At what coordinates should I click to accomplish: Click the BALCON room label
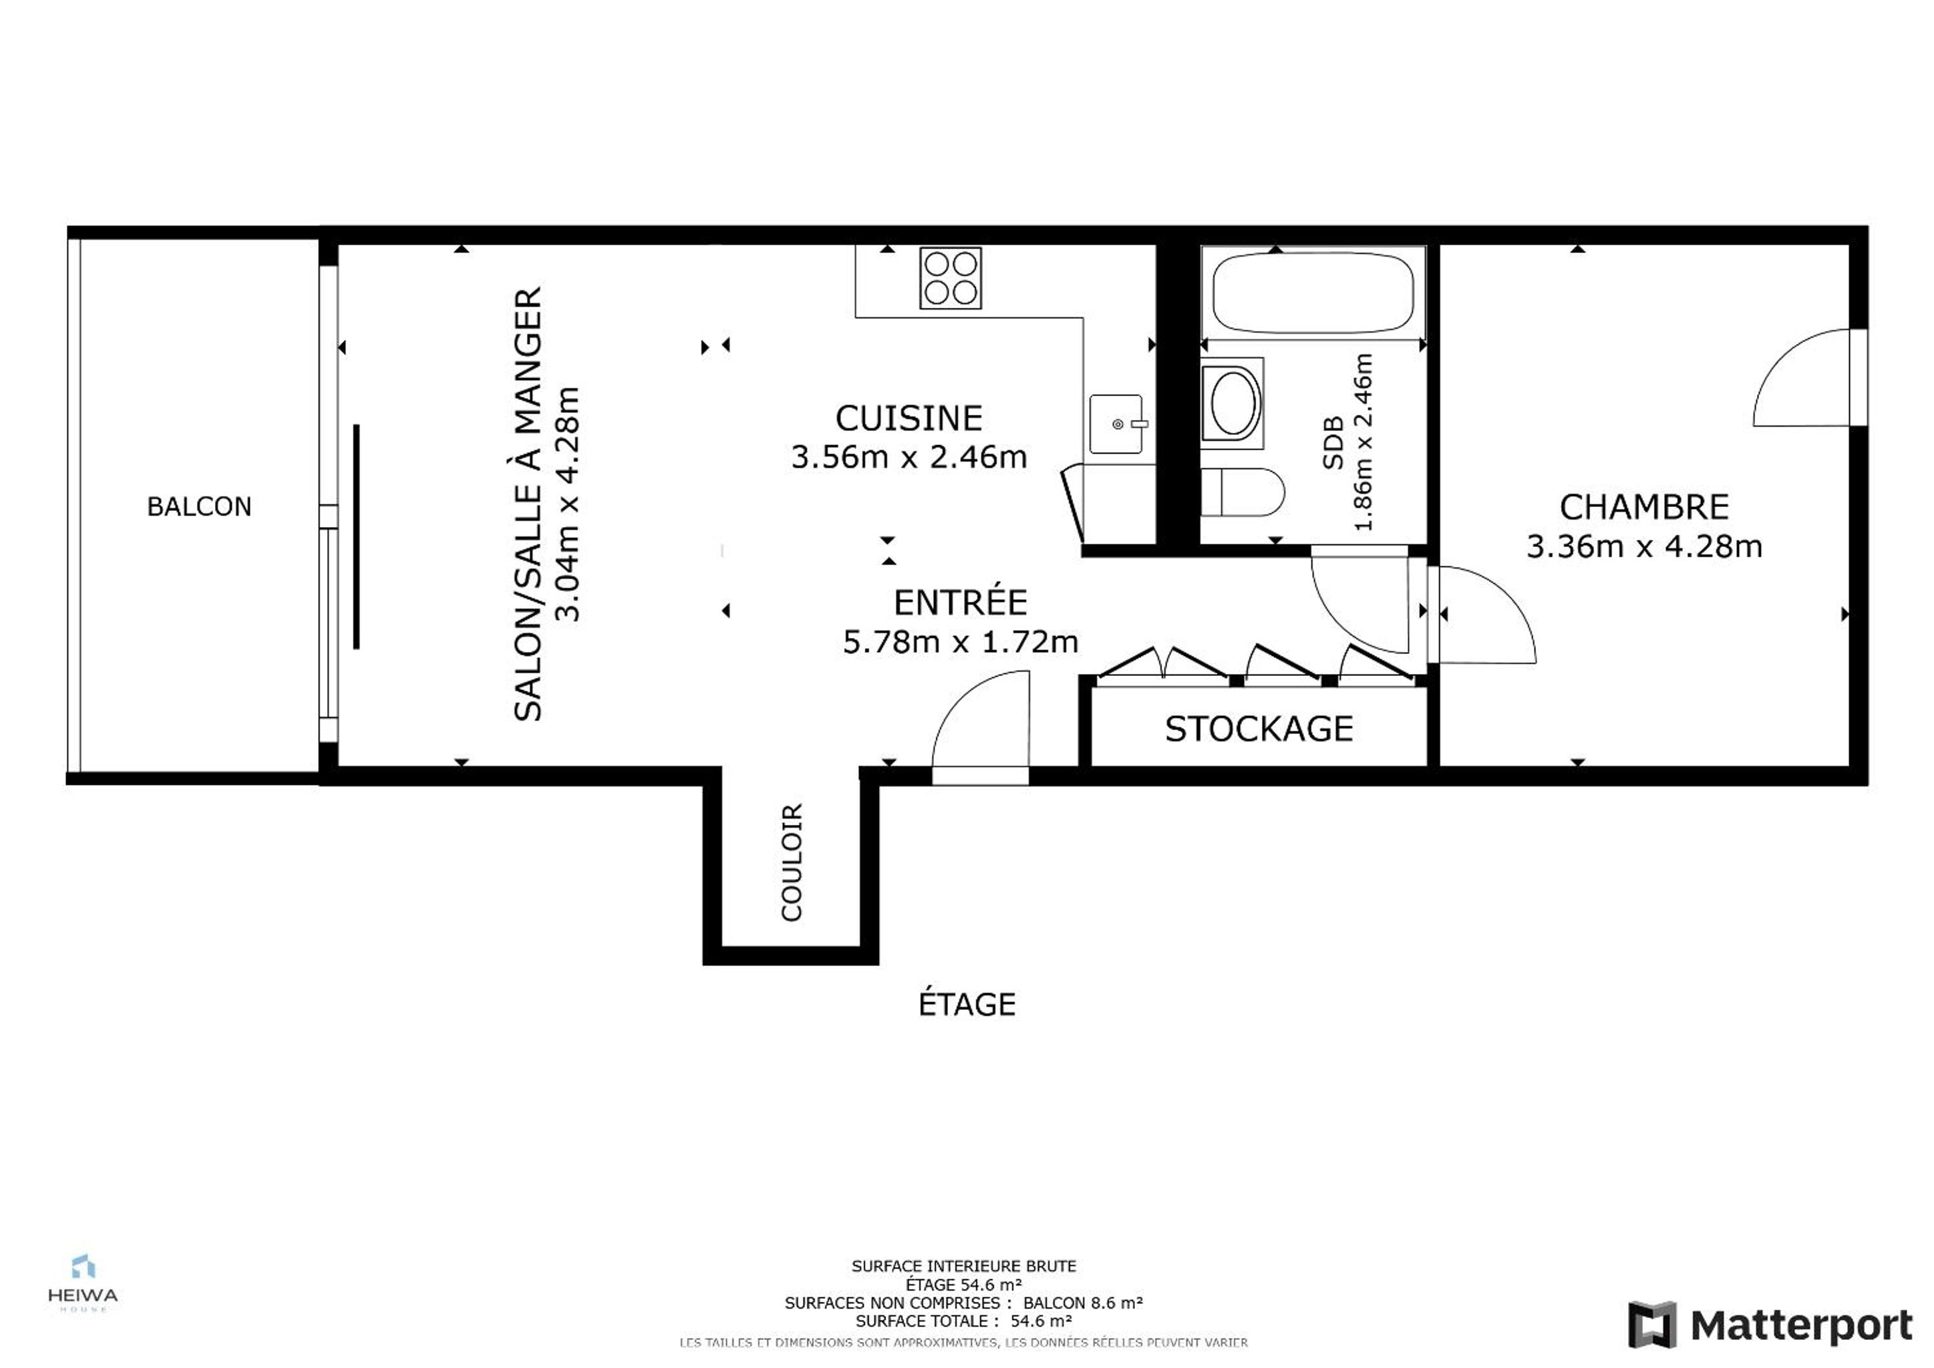[x=199, y=506]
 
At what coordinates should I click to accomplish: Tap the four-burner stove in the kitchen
[x=950, y=277]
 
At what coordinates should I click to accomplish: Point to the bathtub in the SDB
[x=1312, y=293]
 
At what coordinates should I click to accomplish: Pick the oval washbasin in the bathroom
[x=1233, y=403]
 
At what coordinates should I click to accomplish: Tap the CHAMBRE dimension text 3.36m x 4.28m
[x=1644, y=546]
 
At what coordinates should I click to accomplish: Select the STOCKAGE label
[x=1259, y=729]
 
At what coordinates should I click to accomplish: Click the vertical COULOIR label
[x=791, y=862]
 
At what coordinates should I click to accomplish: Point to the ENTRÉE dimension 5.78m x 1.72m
[x=960, y=642]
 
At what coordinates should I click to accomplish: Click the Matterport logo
[x=1770, y=1325]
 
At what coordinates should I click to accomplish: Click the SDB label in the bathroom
[x=1333, y=443]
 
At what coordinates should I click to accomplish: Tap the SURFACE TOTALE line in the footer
[x=963, y=1321]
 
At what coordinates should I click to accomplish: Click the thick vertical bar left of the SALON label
[x=356, y=536]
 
